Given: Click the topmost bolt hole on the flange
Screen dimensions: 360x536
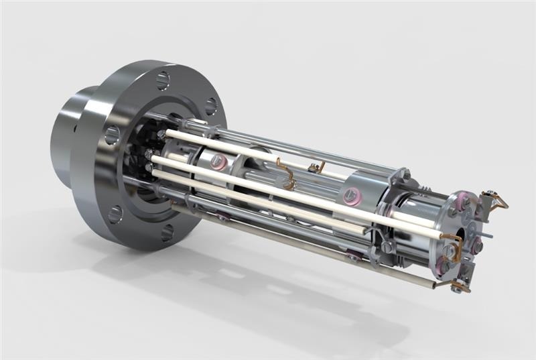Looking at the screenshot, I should click(163, 80).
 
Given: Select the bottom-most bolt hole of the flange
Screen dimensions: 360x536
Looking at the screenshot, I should click(167, 232).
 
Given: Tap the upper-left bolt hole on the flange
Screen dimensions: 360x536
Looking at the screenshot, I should click(112, 135).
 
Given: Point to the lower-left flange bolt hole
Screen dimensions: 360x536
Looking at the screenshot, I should click(115, 215).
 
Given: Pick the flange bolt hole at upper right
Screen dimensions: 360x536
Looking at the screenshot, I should click(210, 106).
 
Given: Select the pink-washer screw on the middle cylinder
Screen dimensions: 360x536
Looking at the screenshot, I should click(348, 196).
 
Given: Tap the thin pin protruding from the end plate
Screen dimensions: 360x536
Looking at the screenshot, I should click(488, 235).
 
